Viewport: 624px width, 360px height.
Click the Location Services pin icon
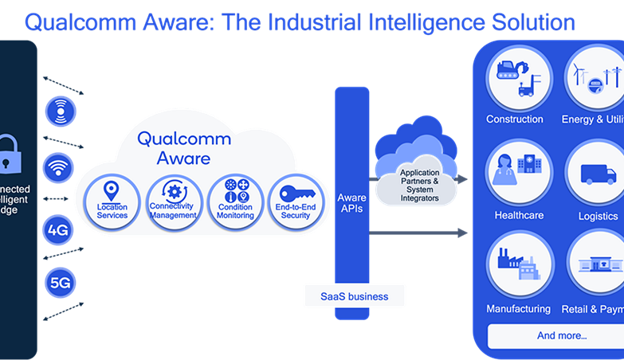[112, 192]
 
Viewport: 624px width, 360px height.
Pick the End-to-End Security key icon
[297, 194]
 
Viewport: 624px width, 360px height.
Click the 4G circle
[58, 231]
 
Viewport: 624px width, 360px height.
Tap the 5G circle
[58, 281]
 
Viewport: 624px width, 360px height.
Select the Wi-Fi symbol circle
[58, 168]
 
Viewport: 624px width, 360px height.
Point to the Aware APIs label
[351, 203]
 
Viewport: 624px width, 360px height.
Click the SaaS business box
[354, 296]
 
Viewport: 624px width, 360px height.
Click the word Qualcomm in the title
[75, 22]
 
